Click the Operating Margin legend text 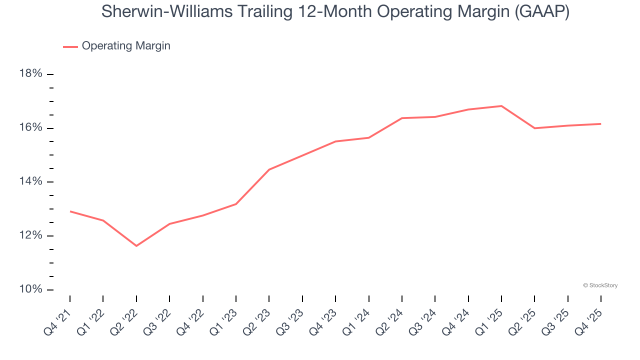[126, 46]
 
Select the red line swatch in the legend [70, 46]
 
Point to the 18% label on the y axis [30, 74]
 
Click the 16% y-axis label [30, 128]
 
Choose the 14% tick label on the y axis [30, 182]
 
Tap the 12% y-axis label [30, 235]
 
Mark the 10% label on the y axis [30, 289]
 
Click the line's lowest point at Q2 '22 [136, 245]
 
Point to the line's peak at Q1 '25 [501, 106]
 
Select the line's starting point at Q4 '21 [70, 211]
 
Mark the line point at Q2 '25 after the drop [534, 128]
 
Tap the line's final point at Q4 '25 [600, 123]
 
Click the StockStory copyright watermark [600, 285]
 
